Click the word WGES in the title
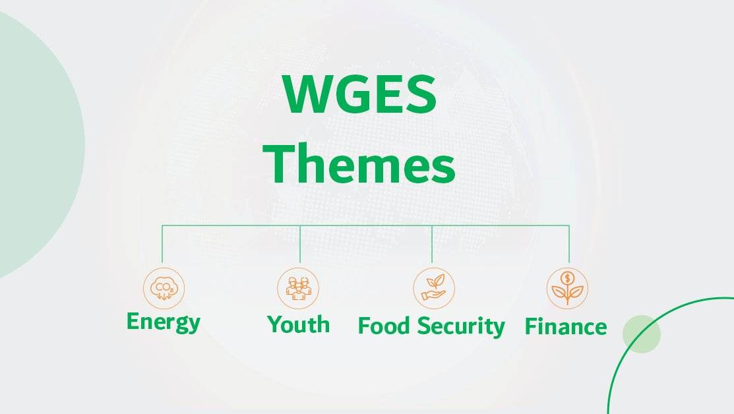coord(359,94)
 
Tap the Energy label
coord(164,322)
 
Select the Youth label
coord(298,324)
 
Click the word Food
coord(384,326)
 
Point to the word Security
coord(462,326)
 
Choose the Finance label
coord(565,326)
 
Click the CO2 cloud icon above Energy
coord(164,288)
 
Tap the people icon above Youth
coord(298,288)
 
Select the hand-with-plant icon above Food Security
coord(434,288)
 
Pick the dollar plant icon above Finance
coord(567,288)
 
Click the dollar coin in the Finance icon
coord(567,279)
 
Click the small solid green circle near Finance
coord(642,334)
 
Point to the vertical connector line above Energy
coord(162,244)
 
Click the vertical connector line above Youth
coord(300,244)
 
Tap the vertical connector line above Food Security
coord(432,244)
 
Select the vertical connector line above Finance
coord(569,244)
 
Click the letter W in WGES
coord(307,94)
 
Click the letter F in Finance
coord(531,326)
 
